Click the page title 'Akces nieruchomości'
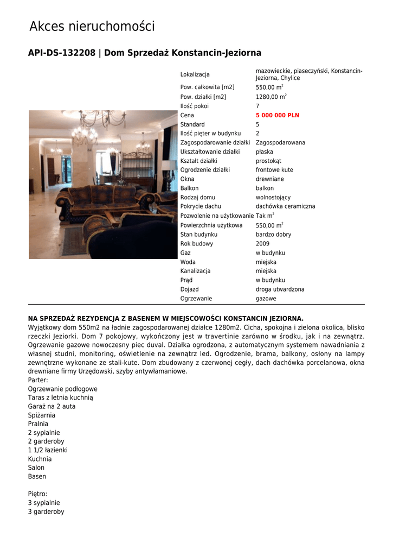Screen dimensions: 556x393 92,26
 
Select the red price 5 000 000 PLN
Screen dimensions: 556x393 277,116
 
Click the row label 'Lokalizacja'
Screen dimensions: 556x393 195,74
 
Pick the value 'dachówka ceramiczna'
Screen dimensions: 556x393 285,206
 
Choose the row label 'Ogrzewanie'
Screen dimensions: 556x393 196,299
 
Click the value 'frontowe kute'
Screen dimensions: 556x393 274,170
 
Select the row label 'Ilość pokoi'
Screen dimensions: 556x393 194,106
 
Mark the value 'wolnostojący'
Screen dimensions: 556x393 273,197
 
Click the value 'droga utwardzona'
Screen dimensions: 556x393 280,289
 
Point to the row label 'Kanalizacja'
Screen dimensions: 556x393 195,271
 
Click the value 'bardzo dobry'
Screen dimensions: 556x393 273,235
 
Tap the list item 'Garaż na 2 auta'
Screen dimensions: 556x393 51,407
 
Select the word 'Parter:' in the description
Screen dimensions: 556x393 38,380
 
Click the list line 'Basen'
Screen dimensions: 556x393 37,477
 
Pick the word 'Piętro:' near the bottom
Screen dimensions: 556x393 37,494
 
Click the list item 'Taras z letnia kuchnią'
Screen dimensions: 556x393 60,398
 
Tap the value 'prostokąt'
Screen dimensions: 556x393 268,161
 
